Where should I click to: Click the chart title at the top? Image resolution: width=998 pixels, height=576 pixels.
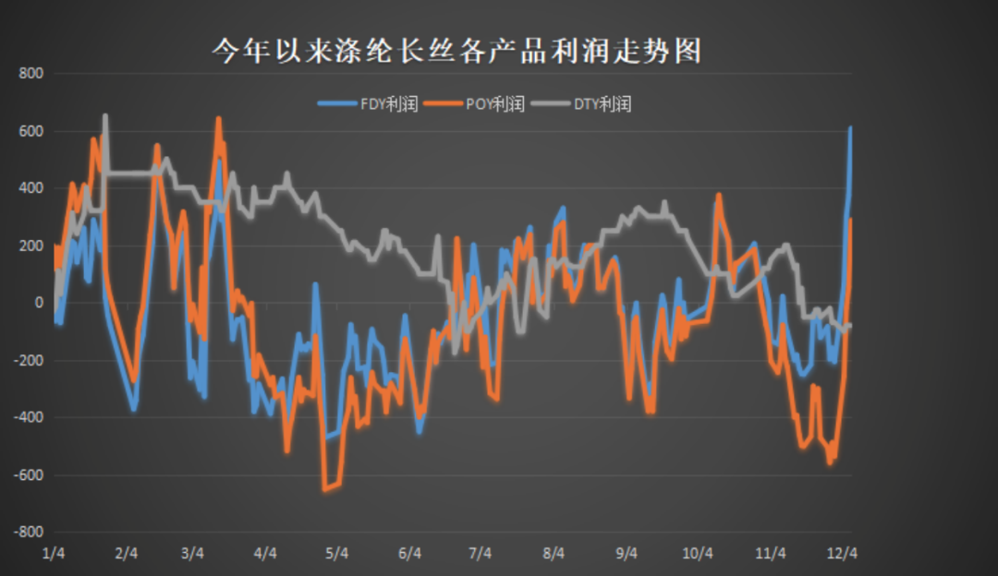(456, 50)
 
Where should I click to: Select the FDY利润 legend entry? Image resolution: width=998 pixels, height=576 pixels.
(369, 103)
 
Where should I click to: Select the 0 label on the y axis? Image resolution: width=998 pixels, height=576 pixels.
(39, 303)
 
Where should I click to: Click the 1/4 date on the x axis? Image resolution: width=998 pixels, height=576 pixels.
(54, 554)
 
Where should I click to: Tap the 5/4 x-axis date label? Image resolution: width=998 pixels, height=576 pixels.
(336, 554)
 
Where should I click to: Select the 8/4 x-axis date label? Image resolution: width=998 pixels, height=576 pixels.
(554, 554)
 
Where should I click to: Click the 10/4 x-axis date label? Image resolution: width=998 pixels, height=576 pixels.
(698, 554)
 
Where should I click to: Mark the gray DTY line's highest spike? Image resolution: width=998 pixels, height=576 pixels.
(104, 116)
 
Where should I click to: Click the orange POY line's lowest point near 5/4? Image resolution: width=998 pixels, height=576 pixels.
(324, 489)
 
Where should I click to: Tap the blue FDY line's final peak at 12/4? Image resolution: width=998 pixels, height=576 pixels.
(850, 128)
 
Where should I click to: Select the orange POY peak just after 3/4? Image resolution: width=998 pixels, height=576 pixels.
(219, 119)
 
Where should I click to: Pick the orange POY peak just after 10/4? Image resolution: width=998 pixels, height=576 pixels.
(718, 196)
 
